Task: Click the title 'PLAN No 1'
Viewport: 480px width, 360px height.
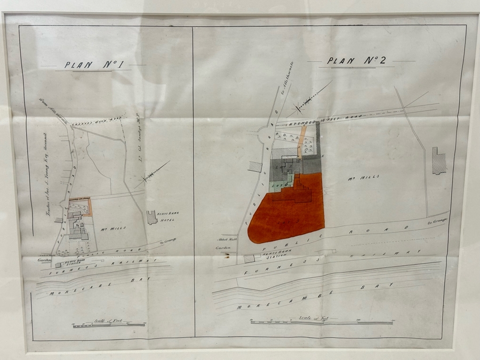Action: tap(94, 65)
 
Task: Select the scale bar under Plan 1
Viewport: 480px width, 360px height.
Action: tap(109, 324)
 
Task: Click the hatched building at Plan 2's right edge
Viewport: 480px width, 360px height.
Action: tap(438, 161)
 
